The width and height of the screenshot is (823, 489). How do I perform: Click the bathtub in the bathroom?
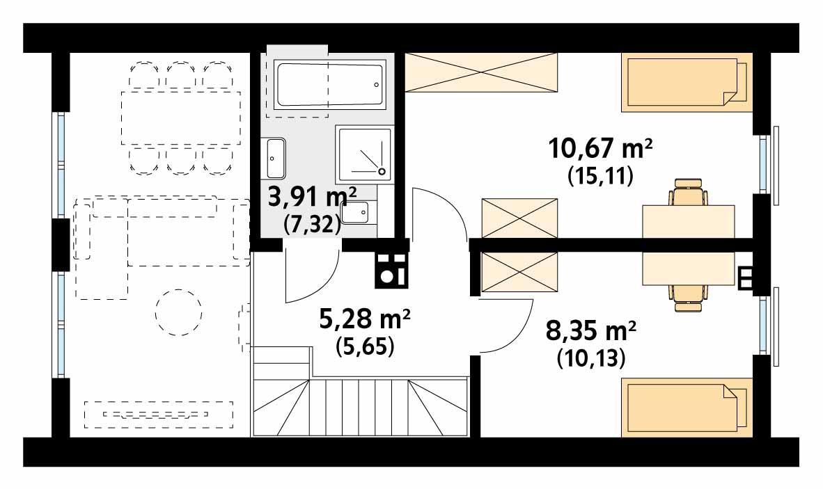tap(330, 84)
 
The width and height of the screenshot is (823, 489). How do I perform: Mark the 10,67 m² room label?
tap(600, 148)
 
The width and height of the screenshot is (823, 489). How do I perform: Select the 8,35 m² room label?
tap(591, 330)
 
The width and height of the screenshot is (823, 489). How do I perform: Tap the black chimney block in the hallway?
tap(392, 270)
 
